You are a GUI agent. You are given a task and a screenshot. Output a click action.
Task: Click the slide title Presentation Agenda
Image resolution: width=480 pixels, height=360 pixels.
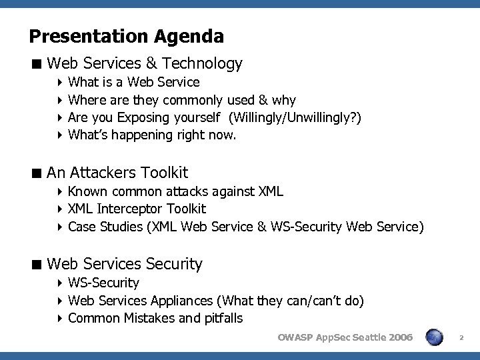pyautogui.click(x=127, y=35)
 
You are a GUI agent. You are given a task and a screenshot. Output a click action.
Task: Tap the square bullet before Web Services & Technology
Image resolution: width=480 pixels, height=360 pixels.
pyautogui.click(x=38, y=64)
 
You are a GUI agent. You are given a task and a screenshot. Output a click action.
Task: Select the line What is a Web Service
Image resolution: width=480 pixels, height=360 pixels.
pyautogui.click(x=133, y=83)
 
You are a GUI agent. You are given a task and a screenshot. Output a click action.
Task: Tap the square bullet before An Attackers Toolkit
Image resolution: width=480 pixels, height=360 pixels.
pyautogui.click(x=38, y=173)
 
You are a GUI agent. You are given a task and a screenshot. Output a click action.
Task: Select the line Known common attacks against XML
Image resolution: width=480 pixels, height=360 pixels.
pyautogui.click(x=175, y=192)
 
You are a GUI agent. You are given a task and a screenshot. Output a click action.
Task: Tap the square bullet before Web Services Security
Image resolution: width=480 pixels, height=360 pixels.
pyautogui.click(x=38, y=264)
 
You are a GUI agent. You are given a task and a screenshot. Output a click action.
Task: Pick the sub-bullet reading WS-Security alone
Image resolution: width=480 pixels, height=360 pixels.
pyautogui.click(x=103, y=283)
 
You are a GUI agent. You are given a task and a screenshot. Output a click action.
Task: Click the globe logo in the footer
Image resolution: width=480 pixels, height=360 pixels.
pyautogui.click(x=435, y=338)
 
